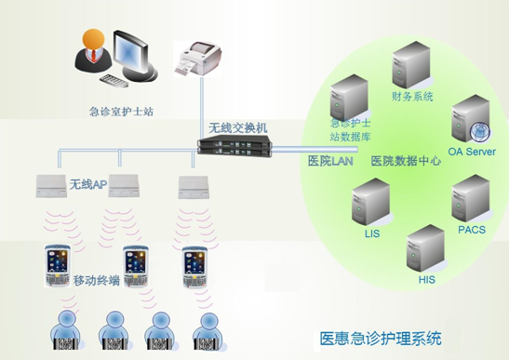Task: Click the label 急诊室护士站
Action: click(122, 112)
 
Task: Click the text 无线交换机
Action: click(238, 127)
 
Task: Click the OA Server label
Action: click(472, 152)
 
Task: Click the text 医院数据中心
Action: click(406, 161)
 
